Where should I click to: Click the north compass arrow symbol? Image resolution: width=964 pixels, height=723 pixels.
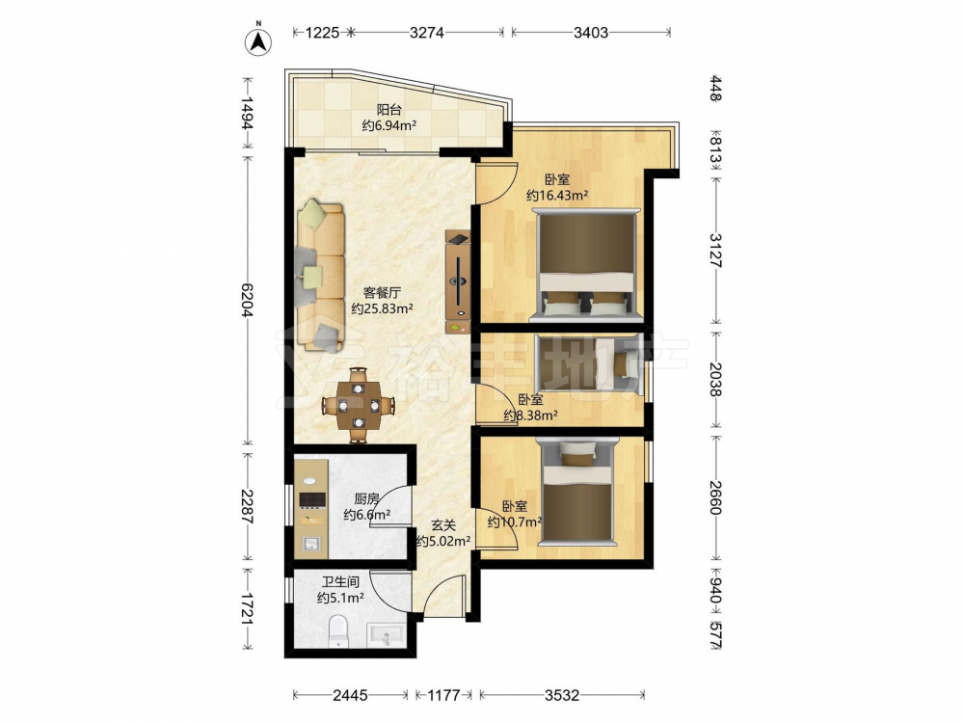[x=258, y=41]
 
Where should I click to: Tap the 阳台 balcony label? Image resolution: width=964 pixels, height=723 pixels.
[x=388, y=110]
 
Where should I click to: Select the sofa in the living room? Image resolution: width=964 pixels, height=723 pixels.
[x=320, y=275]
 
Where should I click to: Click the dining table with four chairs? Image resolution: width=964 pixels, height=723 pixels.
[x=359, y=405]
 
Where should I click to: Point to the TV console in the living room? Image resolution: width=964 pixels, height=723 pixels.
[x=458, y=282]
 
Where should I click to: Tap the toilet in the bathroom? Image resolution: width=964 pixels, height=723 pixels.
[x=338, y=631]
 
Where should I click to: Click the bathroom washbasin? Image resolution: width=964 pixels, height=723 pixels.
[x=387, y=635]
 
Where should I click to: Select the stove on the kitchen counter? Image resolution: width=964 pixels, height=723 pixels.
[x=311, y=499]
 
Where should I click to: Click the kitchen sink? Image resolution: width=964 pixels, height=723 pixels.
[x=311, y=543]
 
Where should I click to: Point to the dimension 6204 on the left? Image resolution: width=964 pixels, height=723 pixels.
[x=248, y=300]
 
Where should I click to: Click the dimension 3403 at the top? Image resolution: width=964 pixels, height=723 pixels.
[x=591, y=32]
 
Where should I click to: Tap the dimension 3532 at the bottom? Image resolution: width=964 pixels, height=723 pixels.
[x=562, y=695]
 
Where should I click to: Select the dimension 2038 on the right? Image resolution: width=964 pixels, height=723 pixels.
[x=715, y=380]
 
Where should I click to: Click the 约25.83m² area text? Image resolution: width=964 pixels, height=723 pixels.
[x=382, y=308]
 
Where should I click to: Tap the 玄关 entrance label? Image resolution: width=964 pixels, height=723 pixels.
[x=443, y=525]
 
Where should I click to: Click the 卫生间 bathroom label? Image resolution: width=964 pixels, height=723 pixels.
[x=340, y=581]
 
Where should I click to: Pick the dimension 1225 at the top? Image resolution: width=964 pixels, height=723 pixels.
[x=322, y=32]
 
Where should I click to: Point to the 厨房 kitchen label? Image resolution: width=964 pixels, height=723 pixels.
[x=366, y=499]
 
